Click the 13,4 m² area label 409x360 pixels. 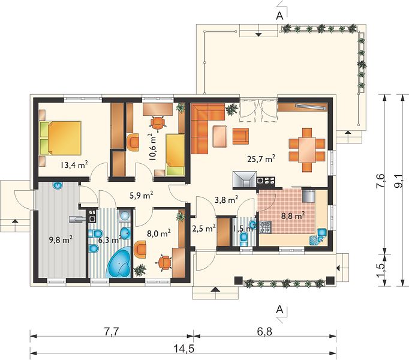pos(74,165)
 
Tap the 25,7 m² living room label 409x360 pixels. pos(261,158)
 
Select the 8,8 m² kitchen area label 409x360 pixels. pos(293,216)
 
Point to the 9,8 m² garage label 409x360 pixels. pos(61,239)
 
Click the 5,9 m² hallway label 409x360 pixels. pos(141,195)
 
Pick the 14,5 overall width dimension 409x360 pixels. pos(183,349)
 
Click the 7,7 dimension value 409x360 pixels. pos(111,332)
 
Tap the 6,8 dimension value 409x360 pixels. pos(264,332)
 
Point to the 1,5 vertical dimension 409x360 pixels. pos(380,271)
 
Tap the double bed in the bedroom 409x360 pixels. pos(61,138)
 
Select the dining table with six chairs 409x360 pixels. pos(307,149)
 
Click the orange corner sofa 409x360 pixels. pos(203,125)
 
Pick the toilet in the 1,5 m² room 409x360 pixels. pos(244,239)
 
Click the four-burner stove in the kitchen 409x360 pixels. pos(265,227)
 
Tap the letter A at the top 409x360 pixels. pos(279,16)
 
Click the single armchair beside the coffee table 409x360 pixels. pos(240,136)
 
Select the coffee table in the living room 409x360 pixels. pos(221,137)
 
